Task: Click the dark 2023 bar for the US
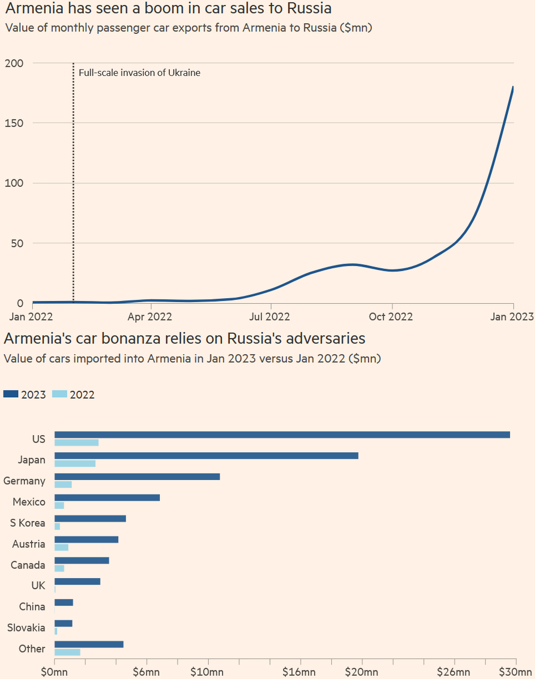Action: (282, 435)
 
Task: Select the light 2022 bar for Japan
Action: (75, 463)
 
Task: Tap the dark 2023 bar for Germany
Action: (137, 476)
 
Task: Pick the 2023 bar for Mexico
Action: (107, 497)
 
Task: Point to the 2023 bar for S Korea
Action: (90, 518)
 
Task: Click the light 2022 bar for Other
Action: (67, 652)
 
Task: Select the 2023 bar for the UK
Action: (77, 581)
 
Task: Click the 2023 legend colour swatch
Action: (11, 394)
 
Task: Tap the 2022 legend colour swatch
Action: (59, 394)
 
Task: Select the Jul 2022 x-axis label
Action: (270, 317)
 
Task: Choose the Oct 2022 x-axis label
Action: (391, 317)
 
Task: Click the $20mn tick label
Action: (362, 672)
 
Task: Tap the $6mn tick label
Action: (147, 672)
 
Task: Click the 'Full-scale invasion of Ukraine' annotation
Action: (139, 72)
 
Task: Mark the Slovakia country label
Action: (26, 628)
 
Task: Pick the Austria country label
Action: (29, 544)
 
